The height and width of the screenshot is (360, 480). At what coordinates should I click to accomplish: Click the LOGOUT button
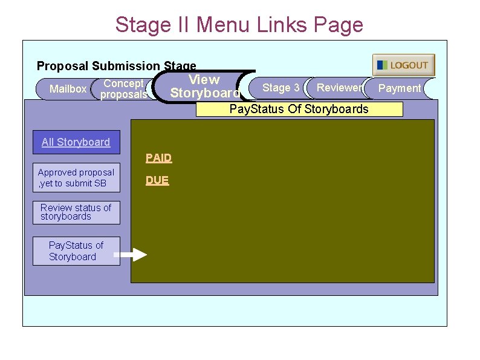pyautogui.click(x=404, y=65)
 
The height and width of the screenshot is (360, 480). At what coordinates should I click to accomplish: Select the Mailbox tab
pyautogui.click(x=68, y=89)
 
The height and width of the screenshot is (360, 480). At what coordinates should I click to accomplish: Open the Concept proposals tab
pyautogui.click(x=123, y=89)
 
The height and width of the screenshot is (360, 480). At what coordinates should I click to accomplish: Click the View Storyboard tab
pyautogui.click(x=204, y=87)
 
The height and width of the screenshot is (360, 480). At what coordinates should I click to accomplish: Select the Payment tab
pyautogui.click(x=399, y=88)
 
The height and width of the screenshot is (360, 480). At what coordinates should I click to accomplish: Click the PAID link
pyautogui.click(x=158, y=158)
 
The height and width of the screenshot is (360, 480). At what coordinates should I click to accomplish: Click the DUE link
pyautogui.click(x=157, y=180)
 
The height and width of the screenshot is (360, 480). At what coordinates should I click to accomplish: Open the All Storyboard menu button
pyautogui.click(x=76, y=142)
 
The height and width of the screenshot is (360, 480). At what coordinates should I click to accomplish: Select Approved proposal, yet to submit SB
pyautogui.click(x=76, y=178)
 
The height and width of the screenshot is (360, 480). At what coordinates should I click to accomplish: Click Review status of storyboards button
pyautogui.click(x=76, y=212)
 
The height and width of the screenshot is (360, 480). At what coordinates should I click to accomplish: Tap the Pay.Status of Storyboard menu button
pyautogui.click(x=76, y=251)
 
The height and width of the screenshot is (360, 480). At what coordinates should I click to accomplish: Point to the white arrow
pyautogui.click(x=138, y=255)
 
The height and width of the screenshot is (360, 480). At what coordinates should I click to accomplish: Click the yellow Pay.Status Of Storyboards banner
pyautogui.click(x=299, y=110)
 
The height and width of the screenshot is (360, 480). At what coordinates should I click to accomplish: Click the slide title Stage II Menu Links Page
pyautogui.click(x=239, y=25)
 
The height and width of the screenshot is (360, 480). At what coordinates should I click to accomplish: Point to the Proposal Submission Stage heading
pyautogui.click(x=117, y=66)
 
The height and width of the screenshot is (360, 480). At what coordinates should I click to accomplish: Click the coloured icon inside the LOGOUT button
pyautogui.click(x=382, y=65)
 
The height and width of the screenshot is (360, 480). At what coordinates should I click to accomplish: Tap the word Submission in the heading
pyautogui.click(x=126, y=66)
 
